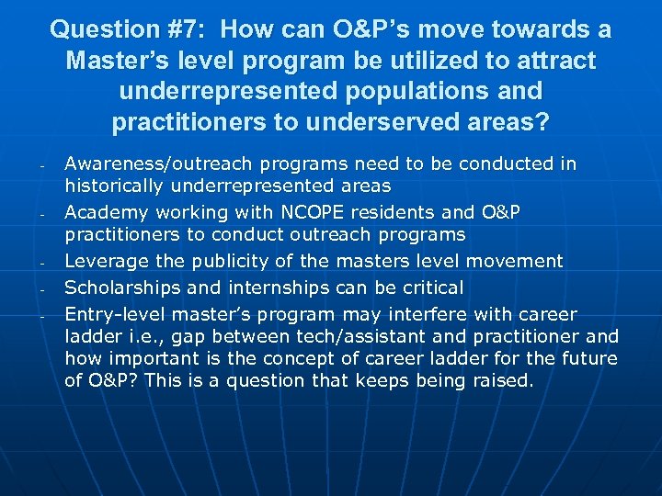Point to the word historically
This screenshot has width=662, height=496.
(x=119, y=186)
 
